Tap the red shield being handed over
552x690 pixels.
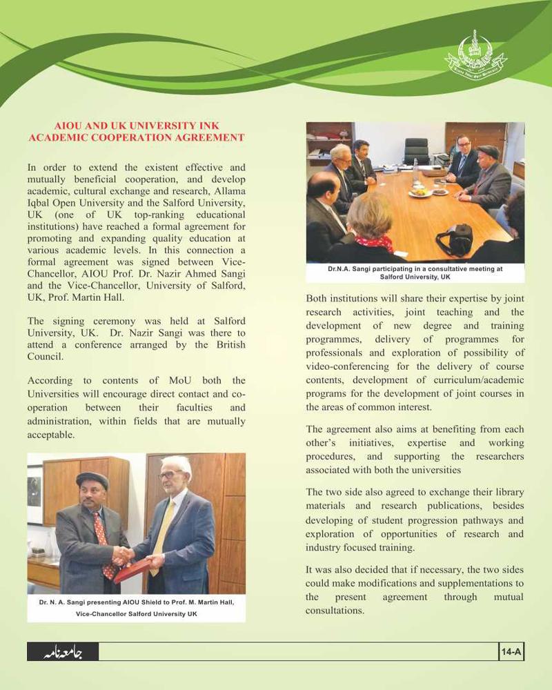pos(134,569)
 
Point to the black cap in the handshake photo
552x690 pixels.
pos(92,479)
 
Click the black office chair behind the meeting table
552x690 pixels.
pos(416,150)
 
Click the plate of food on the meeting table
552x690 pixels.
pos(420,193)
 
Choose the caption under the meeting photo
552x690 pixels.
pos(415,273)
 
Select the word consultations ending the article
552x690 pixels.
pos(335,611)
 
